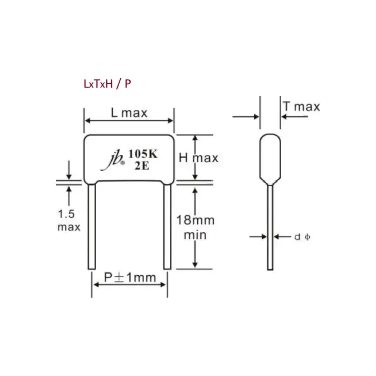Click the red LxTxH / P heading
[x=107, y=84]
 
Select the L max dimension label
[x=129, y=113]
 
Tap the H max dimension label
[x=199, y=158]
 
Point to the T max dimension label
[x=301, y=106]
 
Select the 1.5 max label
[x=68, y=220]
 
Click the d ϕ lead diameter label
[x=301, y=236]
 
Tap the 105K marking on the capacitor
[x=142, y=154]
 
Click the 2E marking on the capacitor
[x=142, y=166]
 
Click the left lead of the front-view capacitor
[x=91, y=226]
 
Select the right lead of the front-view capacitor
[x=167, y=226]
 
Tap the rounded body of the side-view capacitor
[x=270, y=158]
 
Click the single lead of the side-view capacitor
[x=270, y=226]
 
